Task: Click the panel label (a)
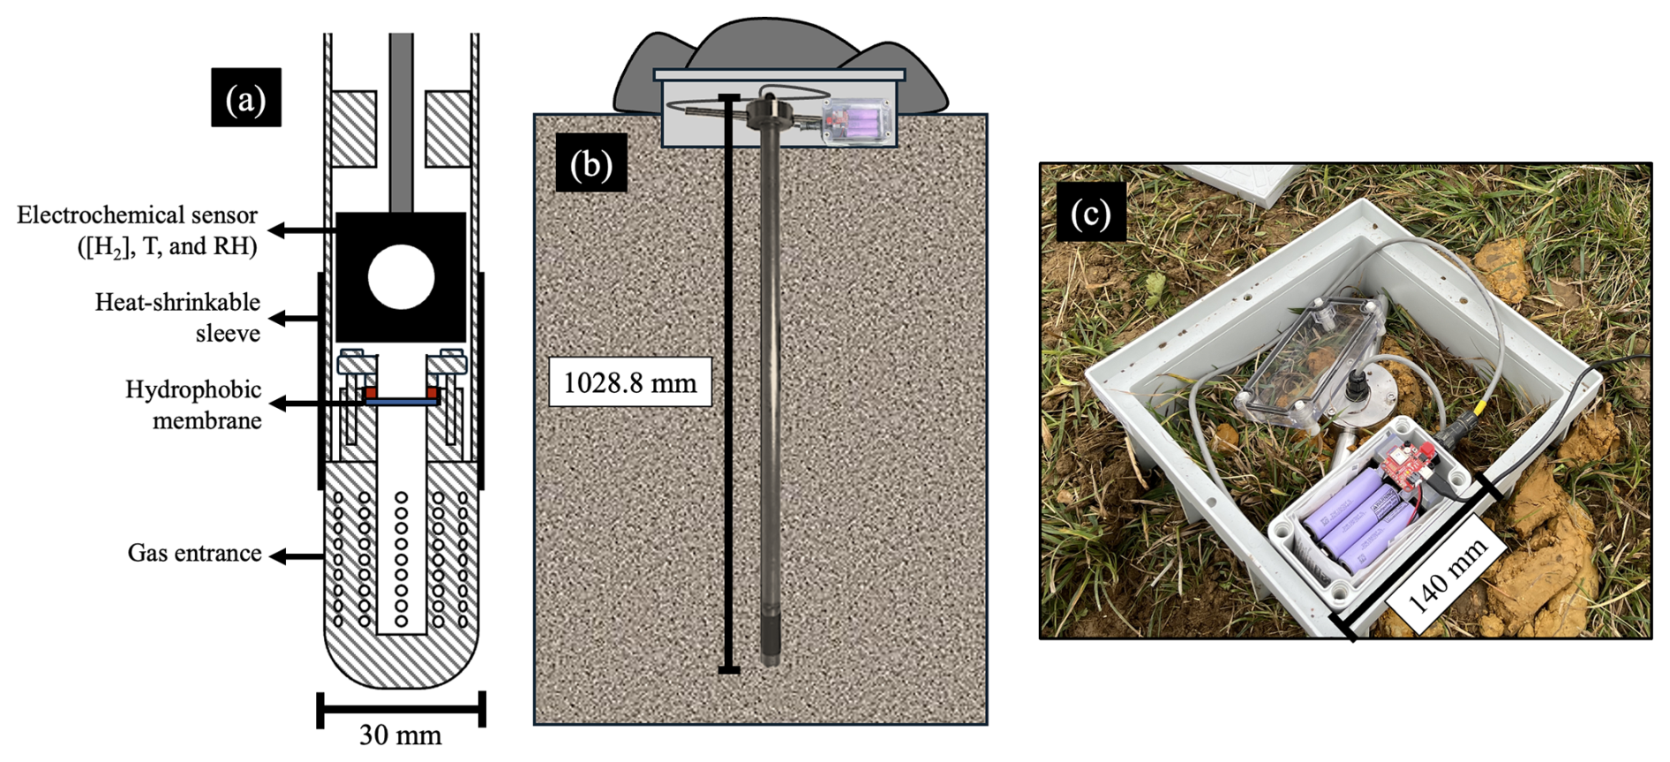245,97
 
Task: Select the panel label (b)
591,162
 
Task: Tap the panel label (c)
1090,213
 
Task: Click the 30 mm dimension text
400,735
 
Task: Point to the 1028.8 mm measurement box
629,382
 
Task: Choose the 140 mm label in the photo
1447,577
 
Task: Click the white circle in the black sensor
401,277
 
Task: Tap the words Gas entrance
194,554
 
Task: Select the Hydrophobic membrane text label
193,404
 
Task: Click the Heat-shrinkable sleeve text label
178,317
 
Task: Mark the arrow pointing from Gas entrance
295,556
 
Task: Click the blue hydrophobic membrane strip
402,400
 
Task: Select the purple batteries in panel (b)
856,122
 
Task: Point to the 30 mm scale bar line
401,707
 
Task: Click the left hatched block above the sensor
353,129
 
